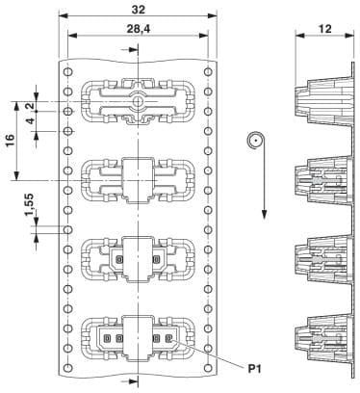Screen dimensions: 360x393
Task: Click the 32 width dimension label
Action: [139, 10]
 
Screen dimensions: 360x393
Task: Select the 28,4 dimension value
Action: [139, 29]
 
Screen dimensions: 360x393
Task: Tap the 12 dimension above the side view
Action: [324, 29]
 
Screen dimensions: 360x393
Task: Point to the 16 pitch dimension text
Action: [10, 141]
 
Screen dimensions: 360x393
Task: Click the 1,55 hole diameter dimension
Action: [29, 204]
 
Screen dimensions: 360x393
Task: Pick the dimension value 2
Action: [30, 106]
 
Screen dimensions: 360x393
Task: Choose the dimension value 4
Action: [30, 121]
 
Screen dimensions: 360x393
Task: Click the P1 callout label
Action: [254, 369]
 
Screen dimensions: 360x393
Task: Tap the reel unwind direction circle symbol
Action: [256, 141]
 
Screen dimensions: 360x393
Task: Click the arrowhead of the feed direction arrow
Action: [264, 214]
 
